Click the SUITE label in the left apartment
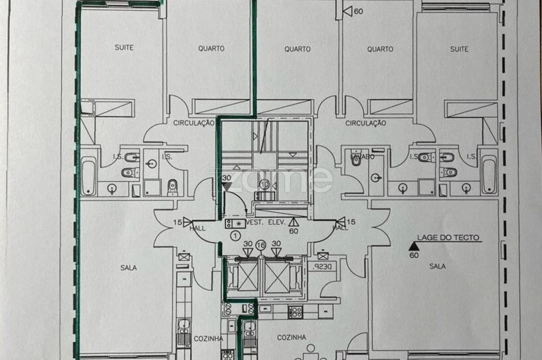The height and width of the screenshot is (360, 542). click(124, 48)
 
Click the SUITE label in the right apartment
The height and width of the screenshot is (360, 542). click(459, 49)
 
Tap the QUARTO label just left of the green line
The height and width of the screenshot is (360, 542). click(211, 49)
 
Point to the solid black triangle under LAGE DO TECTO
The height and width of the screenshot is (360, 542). click(413, 246)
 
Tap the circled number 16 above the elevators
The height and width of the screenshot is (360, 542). click(260, 245)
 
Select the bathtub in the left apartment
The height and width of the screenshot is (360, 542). click(88, 175)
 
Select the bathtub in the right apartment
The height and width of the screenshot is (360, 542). click(489, 174)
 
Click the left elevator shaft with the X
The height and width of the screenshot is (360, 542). click(247, 276)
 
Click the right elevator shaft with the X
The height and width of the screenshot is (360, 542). click(277, 276)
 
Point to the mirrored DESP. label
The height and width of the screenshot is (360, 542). click(318, 267)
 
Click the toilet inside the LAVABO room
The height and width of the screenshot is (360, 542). click(355, 159)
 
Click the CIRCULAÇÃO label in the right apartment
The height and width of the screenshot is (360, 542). click(366, 123)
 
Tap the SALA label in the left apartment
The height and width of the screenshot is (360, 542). click(128, 268)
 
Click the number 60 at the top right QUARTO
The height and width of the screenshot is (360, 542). click(358, 11)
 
